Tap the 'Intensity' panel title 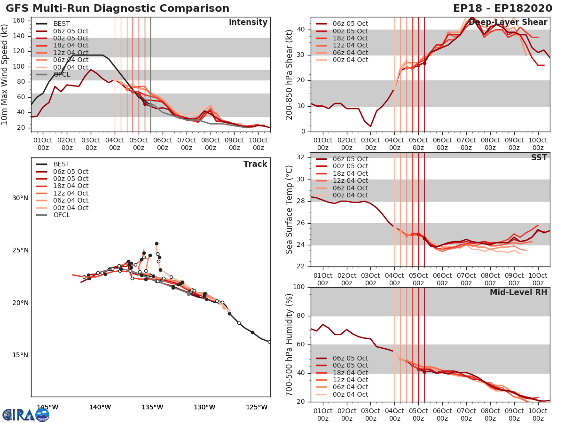(248, 23)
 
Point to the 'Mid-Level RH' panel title (518, 292)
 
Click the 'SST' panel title (539, 157)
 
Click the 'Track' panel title (255, 164)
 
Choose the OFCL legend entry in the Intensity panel (62, 74)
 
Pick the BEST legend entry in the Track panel (62, 164)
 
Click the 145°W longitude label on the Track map (47, 407)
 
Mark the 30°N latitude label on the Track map (20, 198)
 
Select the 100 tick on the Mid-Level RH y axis (299, 287)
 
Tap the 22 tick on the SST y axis (301, 266)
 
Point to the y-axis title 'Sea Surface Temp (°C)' (290, 210)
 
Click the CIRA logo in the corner (26, 415)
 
